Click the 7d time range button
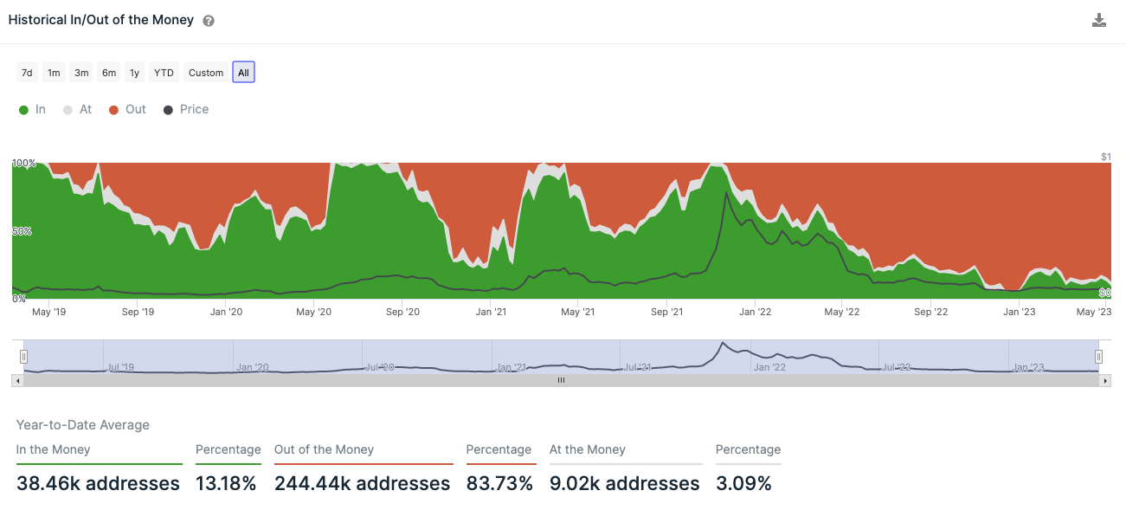[x=27, y=73]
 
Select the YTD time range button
[x=164, y=73]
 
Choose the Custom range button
[x=206, y=73]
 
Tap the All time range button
[x=243, y=73]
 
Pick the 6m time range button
[x=109, y=73]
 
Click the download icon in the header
[x=1099, y=21]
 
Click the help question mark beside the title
[x=209, y=21]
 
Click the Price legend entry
[x=186, y=110]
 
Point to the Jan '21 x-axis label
[x=491, y=312]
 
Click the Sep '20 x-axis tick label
[x=402, y=312]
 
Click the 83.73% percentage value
[x=499, y=483]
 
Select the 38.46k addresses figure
[x=98, y=483]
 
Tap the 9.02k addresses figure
[x=624, y=483]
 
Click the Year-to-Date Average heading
[x=83, y=425]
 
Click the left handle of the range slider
[x=24, y=356]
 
